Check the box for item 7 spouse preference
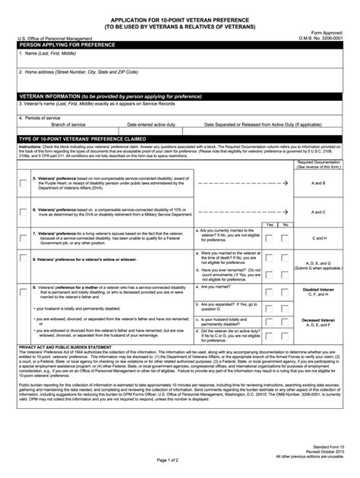[23, 237]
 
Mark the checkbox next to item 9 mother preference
[23, 289]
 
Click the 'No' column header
[285, 225]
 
